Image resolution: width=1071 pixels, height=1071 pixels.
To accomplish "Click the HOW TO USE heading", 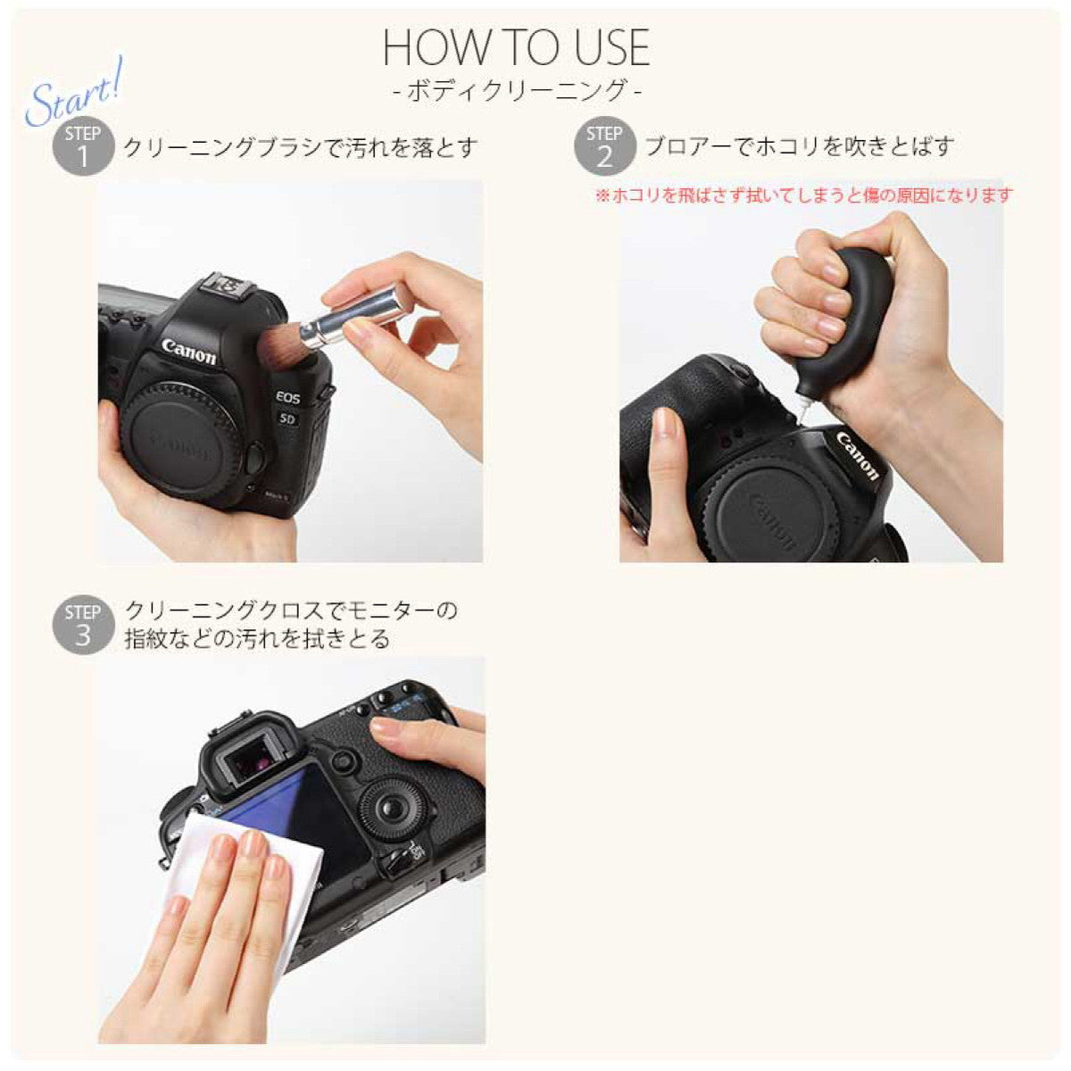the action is point(517,48).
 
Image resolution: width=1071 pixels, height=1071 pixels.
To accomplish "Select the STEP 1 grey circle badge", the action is point(83,146).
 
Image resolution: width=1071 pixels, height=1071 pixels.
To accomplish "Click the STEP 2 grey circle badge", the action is point(604,146).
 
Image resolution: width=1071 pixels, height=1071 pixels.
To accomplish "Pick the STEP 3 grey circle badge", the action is point(83,625).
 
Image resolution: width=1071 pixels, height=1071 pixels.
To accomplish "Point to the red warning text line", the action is point(803,195).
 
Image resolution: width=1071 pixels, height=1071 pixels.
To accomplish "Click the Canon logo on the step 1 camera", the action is point(188,352).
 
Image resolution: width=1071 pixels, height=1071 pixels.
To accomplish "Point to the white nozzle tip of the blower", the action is point(803,412).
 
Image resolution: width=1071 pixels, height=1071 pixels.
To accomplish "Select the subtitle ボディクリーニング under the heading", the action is point(517,91).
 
